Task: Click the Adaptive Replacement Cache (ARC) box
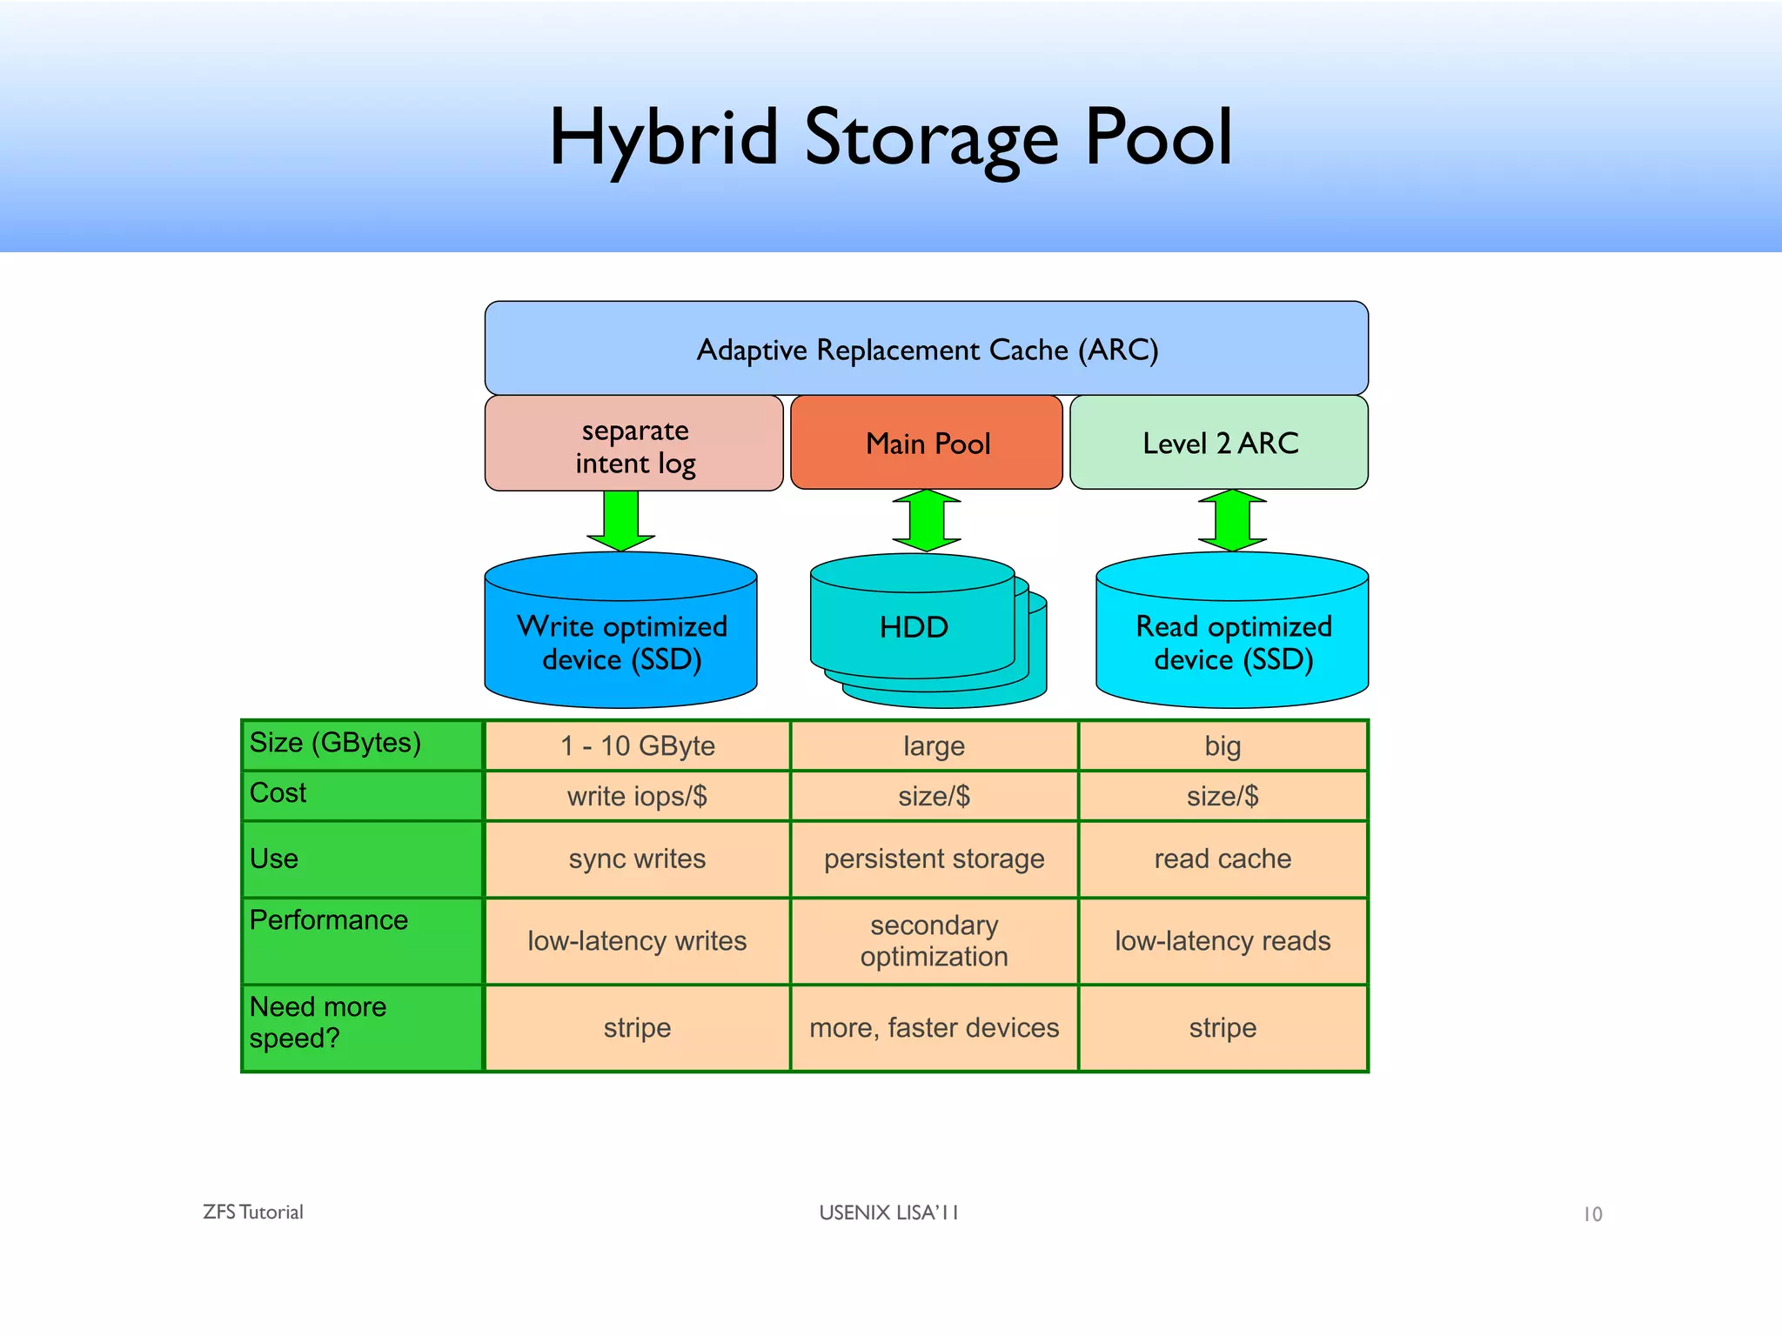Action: tap(926, 349)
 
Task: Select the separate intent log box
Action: tap(634, 444)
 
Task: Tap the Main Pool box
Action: tap(927, 444)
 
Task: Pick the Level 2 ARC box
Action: tap(1219, 444)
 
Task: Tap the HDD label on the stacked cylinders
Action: tap(913, 627)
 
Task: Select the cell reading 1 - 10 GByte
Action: tap(637, 746)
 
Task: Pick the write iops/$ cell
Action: tap(637, 796)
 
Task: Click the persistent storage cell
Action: tap(934, 859)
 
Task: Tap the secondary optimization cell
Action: tap(934, 941)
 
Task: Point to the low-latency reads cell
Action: tap(1223, 941)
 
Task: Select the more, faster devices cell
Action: tap(934, 1028)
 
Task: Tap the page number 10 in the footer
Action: tap(1592, 1214)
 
